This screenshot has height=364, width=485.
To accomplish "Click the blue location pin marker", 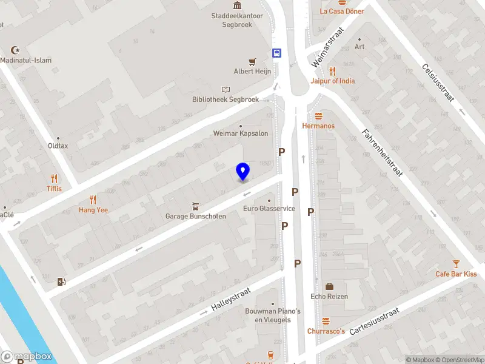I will (242, 172).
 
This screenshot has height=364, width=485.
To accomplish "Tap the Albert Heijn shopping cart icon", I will (253, 61).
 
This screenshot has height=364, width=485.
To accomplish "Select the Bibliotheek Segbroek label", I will (226, 99).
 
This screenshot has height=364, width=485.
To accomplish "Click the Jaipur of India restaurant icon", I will (332, 71).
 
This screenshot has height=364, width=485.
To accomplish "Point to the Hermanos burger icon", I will (318, 116).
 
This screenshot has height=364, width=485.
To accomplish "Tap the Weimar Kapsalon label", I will (241, 133).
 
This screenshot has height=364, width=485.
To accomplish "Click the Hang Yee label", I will (93, 210).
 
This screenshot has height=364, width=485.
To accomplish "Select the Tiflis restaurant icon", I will (55, 178).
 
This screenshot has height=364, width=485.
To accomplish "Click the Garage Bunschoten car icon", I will (195, 206).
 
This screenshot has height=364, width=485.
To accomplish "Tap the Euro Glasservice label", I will (269, 209).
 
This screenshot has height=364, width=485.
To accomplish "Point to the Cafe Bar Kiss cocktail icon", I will (456, 264).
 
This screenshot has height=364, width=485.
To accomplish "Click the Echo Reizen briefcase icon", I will (329, 286).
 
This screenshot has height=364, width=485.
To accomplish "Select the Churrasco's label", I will (326, 331).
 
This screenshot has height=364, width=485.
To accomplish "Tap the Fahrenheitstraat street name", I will (383, 152).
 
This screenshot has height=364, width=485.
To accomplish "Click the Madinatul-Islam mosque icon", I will (16, 50).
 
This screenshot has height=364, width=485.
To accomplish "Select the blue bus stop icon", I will (277, 53).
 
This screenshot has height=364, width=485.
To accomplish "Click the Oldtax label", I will (58, 146).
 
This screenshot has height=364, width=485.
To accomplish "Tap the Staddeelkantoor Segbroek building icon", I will (236, 5).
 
